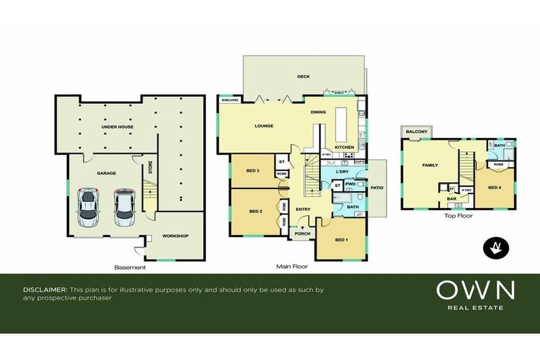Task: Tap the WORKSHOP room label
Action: (x=175, y=236)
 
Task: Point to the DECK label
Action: (x=303, y=76)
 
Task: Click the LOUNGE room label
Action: (x=264, y=126)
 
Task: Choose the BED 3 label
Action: (x=254, y=171)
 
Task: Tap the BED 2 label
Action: (x=255, y=211)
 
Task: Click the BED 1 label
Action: (x=341, y=240)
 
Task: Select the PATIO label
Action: (x=377, y=188)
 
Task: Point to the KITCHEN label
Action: (x=344, y=146)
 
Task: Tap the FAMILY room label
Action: (x=430, y=166)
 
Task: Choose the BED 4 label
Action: (x=494, y=188)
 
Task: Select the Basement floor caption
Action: (x=130, y=267)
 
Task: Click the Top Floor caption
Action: (x=458, y=216)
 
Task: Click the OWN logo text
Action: (x=475, y=290)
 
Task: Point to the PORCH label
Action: (x=303, y=235)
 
